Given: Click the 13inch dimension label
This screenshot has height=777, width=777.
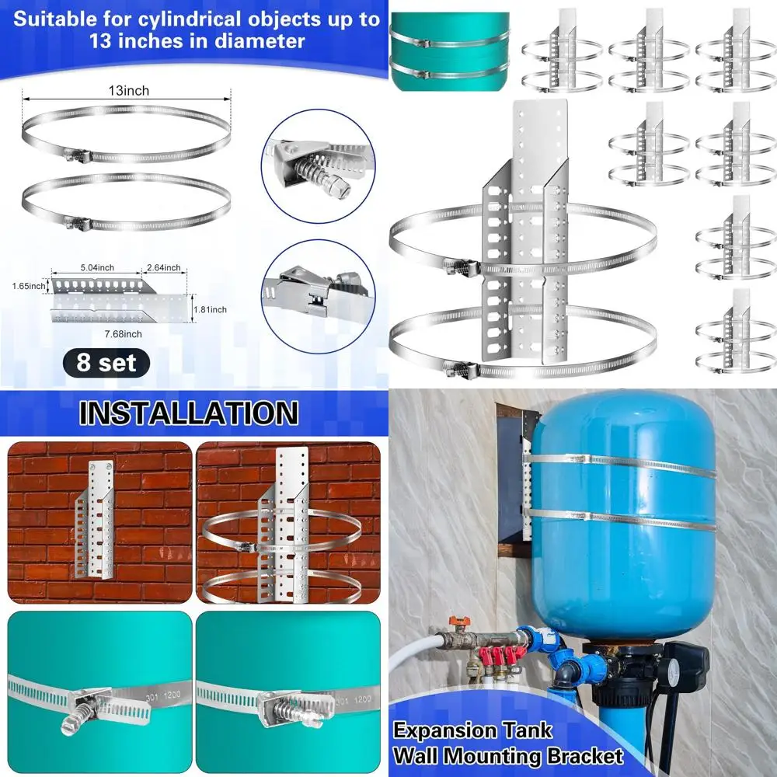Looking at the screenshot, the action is point(129,91).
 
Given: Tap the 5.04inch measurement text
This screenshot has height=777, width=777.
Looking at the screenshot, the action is point(97,267).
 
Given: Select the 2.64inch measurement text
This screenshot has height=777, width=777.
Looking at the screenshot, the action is point(163,267).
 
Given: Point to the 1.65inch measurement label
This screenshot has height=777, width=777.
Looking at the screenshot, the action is point(29,286).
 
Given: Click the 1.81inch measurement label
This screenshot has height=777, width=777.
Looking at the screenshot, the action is point(210,310).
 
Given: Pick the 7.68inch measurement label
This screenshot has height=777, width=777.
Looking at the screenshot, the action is point(123,334).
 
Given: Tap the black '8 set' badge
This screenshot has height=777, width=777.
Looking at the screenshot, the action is point(106,363).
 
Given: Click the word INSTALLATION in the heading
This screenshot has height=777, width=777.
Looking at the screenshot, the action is point(189,413).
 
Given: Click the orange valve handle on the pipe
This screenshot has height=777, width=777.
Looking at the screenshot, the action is point(458,622).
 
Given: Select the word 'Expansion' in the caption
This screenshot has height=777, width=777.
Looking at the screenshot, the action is point(439,731).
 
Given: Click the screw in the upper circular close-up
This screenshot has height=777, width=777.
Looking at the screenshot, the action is point(322,172).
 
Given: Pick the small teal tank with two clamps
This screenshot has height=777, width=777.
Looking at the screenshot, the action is point(450,51).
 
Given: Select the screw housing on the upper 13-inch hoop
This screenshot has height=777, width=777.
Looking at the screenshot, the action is point(77,157).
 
